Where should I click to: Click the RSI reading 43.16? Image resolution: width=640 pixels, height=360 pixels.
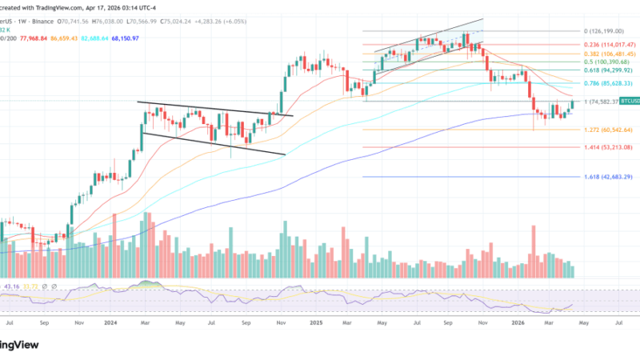(11, 286)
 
